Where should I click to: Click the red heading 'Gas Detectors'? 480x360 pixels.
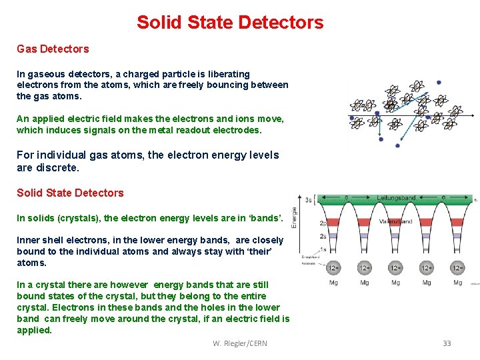click(53, 49)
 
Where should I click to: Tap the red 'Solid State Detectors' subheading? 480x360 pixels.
click(70, 193)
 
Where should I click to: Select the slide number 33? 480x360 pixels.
click(447, 343)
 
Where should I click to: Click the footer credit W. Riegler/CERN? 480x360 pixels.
click(240, 343)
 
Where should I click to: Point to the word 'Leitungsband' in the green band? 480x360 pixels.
click(396, 198)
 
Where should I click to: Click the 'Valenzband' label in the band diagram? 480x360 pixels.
click(396, 221)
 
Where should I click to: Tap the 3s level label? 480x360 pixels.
click(308, 199)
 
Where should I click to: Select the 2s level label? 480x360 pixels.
click(305, 237)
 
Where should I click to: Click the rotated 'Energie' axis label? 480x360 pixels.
click(295, 217)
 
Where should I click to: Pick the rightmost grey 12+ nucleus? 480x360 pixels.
click(458, 268)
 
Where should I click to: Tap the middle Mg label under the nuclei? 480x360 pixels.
click(396, 283)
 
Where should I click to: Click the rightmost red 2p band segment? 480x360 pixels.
click(458, 223)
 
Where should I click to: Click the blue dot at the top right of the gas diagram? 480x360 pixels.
click(439, 83)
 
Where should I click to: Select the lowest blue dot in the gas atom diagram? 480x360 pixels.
click(398, 145)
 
